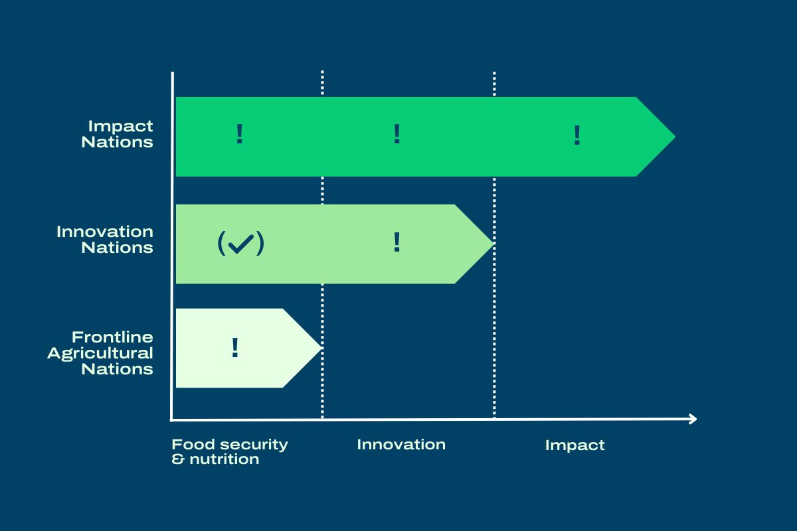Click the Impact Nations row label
coord(117,134)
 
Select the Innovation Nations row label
coord(105,240)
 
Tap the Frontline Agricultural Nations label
coord(100,353)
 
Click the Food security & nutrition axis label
coord(230,451)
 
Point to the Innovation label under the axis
coord(401,445)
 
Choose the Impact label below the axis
coord(575,445)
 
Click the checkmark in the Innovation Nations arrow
coord(241,244)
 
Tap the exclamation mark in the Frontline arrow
coord(235,348)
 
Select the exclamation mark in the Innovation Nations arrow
coord(397,242)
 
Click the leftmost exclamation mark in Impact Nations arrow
coord(240,133)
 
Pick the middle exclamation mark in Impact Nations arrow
coord(397,133)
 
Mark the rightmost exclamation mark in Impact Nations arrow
coord(577,135)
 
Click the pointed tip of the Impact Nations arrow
coord(675,137)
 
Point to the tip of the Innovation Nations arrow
coord(493,244)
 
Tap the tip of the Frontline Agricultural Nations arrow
coord(321,348)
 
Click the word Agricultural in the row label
coord(100,354)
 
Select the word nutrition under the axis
coord(224,459)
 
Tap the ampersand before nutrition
coord(178,459)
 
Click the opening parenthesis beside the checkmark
coord(221,244)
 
